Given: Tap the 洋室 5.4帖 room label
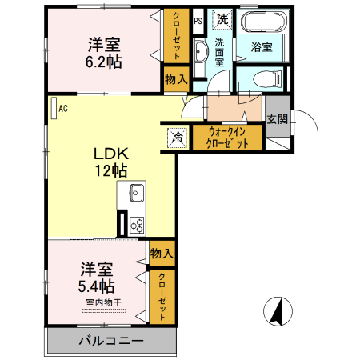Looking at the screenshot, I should [97, 277].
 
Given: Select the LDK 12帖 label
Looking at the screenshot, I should [107, 160].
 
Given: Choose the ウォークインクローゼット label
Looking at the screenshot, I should [227, 137].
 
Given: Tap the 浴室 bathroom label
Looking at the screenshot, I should [261, 46].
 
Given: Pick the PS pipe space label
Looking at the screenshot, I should [197, 21].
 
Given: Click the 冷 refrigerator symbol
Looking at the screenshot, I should [177, 137].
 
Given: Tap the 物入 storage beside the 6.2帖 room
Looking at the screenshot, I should [175, 78].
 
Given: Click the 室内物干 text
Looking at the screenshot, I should [103, 302].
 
